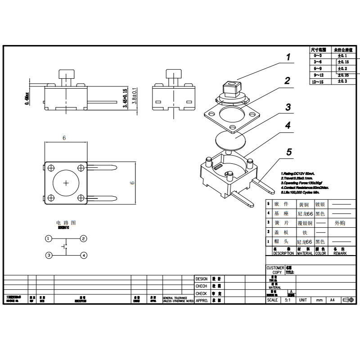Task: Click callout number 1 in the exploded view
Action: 288,57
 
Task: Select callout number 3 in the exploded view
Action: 288,107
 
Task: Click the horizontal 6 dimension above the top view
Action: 64,138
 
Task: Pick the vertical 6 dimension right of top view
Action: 132,182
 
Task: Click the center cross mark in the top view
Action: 66,182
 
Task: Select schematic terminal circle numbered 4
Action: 84,255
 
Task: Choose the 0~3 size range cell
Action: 318,55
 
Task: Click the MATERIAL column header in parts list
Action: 305,253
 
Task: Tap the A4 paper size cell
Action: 333,300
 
